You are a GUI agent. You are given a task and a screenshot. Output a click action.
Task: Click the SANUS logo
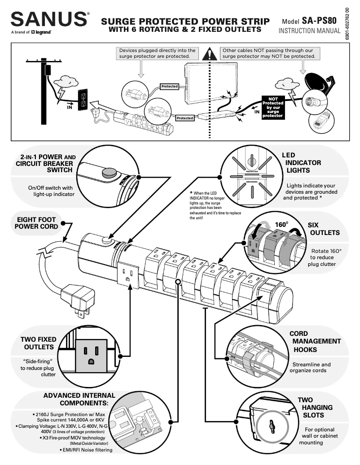[49, 19]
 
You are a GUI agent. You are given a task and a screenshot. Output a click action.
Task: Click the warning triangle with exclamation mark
[209, 54]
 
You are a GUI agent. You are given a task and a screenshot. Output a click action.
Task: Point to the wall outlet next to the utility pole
[83, 99]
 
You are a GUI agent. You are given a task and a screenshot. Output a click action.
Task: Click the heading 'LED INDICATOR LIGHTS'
[301, 163]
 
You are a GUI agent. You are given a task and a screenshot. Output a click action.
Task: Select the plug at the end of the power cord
[77, 298]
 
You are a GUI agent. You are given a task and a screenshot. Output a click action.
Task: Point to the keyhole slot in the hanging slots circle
[272, 426]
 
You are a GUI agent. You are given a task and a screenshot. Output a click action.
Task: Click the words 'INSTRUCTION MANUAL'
[309, 31]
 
